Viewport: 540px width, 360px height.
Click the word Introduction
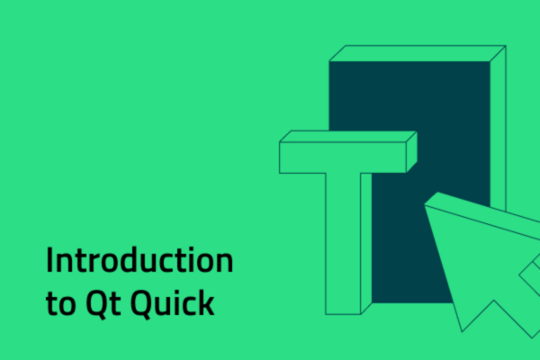click(x=139, y=261)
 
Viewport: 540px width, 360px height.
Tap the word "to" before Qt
click(x=58, y=304)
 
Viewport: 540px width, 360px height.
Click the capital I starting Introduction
click(x=49, y=261)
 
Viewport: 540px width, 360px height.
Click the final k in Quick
click(x=207, y=302)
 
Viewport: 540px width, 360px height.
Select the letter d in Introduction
click(x=126, y=261)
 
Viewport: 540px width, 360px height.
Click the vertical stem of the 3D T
click(x=343, y=243)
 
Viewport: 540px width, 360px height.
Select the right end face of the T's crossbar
click(x=411, y=150)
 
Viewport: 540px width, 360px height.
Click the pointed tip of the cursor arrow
click(x=428, y=197)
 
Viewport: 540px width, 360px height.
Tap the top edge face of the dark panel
click(x=414, y=53)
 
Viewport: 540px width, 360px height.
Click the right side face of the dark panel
click(x=498, y=126)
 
